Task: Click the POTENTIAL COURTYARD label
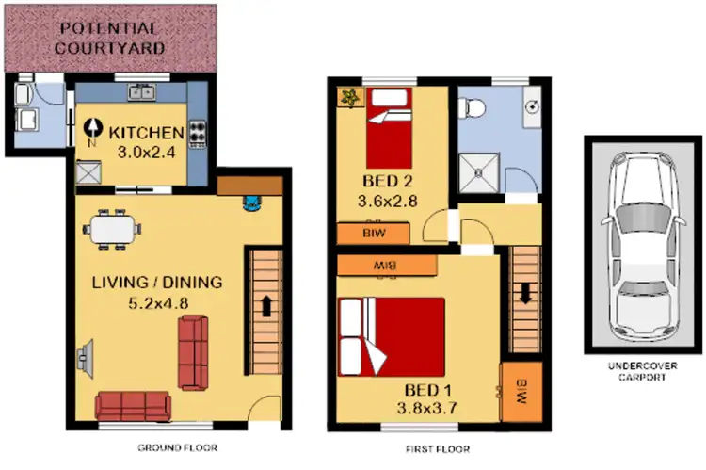[111, 37]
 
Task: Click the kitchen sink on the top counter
[143, 91]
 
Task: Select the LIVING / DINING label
[157, 282]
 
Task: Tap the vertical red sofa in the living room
[193, 352]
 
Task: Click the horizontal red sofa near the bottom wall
[133, 405]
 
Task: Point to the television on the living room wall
[83, 357]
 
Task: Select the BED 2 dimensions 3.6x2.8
[387, 200]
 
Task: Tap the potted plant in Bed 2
[349, 97]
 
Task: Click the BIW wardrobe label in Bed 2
[373, 233]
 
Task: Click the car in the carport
[644, 250]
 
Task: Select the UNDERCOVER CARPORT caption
[644, 370]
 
